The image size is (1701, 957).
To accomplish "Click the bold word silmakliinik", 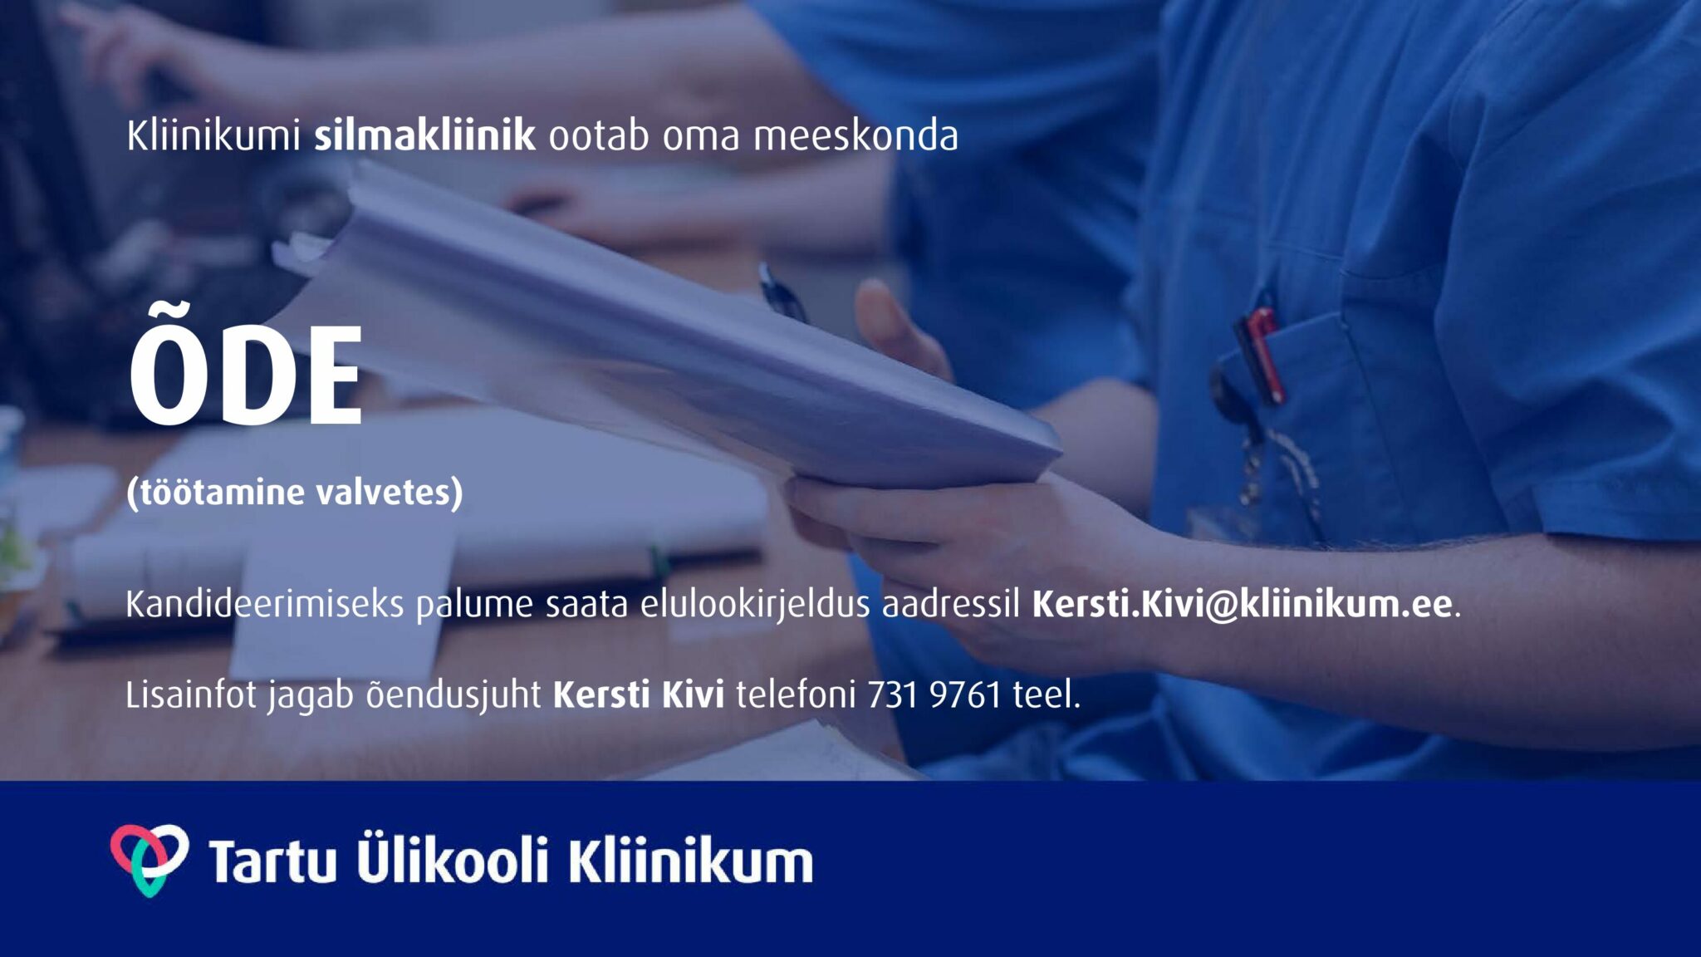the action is coord(424,135).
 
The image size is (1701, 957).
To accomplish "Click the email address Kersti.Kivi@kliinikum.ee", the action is coord(1243,604).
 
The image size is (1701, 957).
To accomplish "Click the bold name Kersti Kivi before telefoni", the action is coord(639,694).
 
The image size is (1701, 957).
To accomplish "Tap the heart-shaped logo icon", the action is coord(150,860).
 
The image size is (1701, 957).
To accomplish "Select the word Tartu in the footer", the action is coord(272,861).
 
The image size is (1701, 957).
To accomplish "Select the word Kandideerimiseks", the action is coord(264,604).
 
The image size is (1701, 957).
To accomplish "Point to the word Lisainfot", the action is coord(191,694).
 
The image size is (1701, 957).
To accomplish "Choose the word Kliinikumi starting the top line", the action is coord(213,135).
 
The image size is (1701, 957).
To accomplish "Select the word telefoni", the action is coord(796,694).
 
